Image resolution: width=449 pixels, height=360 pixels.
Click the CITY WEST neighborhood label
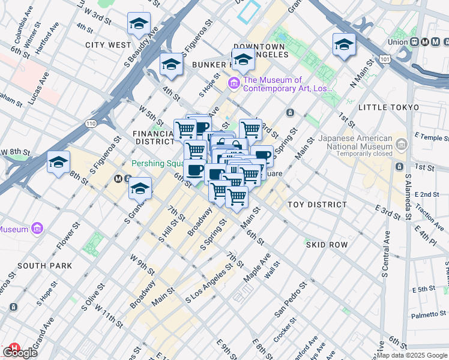[x=108, y=45]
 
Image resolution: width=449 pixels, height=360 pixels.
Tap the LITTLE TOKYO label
[x=388, y=107]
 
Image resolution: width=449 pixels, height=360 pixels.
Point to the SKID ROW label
[x=327, y=245]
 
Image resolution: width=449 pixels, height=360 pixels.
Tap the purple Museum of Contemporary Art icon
[x=234, y=83]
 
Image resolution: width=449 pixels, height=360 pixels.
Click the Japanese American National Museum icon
[x=402, y=143]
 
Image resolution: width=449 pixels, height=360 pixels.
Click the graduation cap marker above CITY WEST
[x=139, y=24]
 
